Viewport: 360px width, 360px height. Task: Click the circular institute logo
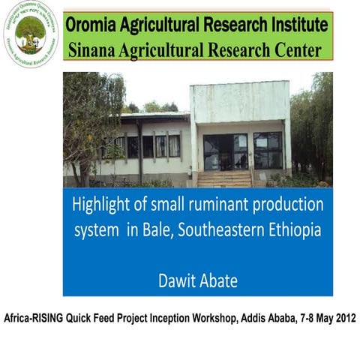click(30, 34)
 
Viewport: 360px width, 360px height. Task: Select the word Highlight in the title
click(102, 204)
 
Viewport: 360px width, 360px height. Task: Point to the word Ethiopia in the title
click(293, 229)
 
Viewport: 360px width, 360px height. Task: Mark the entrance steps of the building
click(224, 178)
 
